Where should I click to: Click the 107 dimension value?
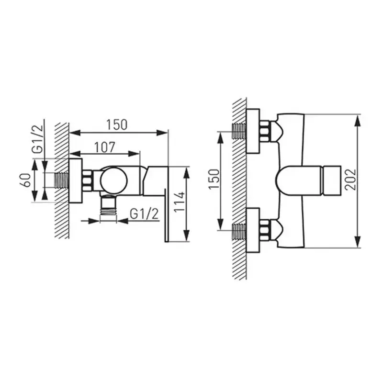(x=104, y=147)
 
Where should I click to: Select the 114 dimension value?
(x=180, y=202)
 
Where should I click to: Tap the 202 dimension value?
(x=351, y=179)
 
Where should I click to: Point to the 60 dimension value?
(x=26, y=180)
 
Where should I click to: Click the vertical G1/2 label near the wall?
(x=38, y=139)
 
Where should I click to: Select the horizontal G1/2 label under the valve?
(x=144, y=214)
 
